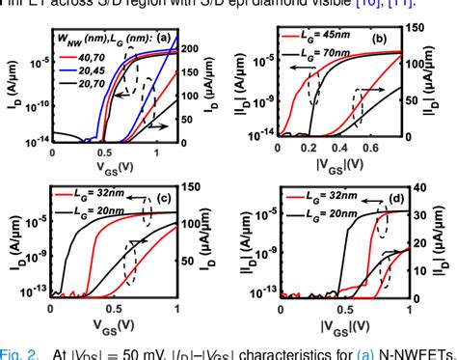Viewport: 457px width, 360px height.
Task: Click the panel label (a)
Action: (163, 39)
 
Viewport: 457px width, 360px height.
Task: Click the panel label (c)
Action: (165, 200)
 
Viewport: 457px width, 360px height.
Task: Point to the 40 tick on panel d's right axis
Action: (417, 188)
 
